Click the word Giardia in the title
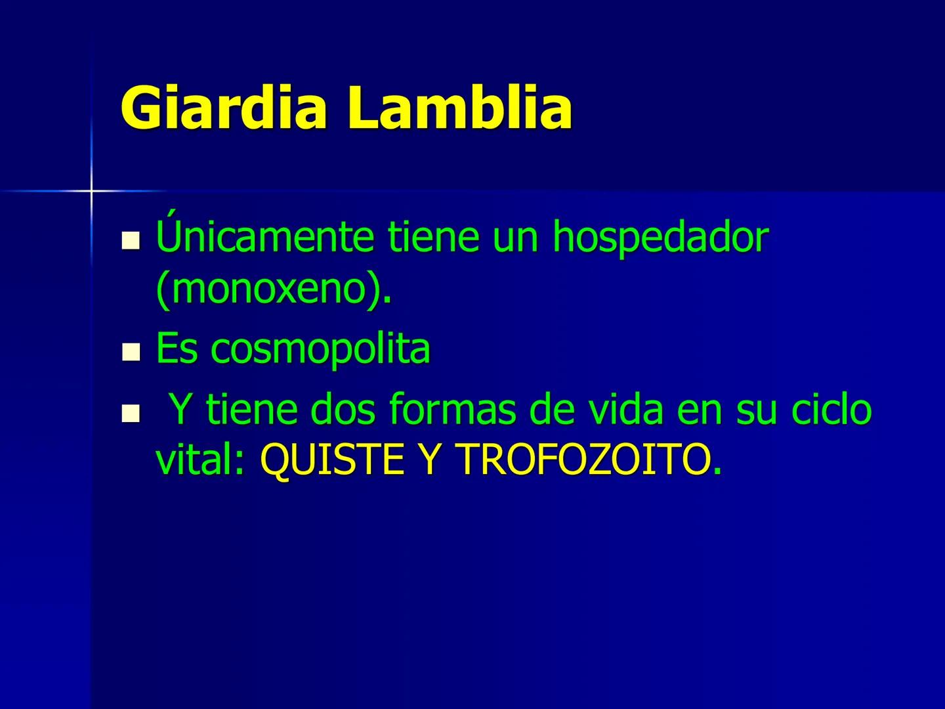coord(224,108)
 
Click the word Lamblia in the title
coord(459,108)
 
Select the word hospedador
coord(660,238)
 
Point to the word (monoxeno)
coord(273,289)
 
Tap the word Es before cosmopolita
coord(177,349)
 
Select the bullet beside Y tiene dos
coord(131,413)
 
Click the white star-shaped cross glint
coord(91,191)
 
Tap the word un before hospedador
coord(518,238)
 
